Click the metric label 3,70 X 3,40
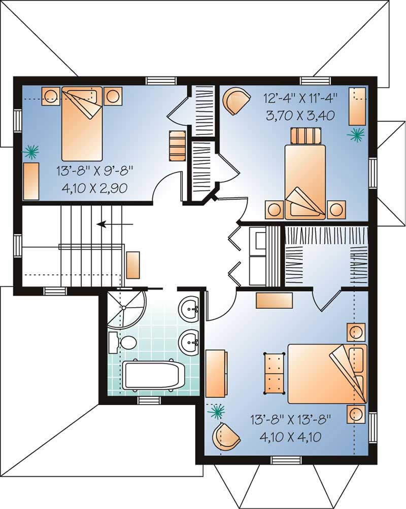[299, 115]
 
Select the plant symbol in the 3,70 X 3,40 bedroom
[356, 133]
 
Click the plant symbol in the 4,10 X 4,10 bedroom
[217, 411]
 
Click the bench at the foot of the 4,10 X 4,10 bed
[274, 373]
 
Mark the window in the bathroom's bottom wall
[149, 401]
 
